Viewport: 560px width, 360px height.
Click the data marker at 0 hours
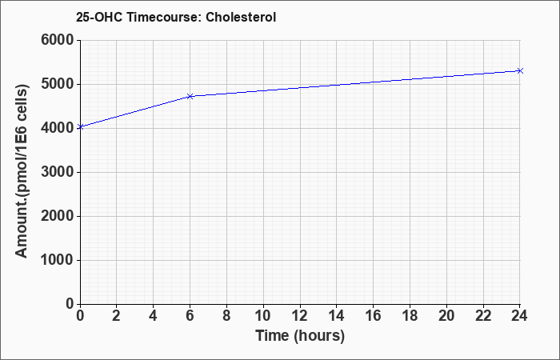80,126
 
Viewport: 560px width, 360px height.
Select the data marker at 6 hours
190,97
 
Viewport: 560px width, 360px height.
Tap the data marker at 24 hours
520,70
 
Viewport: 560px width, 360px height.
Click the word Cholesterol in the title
241,17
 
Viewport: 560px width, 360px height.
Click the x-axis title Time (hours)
300,336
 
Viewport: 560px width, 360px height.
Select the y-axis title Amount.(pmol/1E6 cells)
22,171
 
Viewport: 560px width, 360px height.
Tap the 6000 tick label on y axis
58,40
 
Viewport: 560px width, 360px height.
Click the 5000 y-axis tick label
58,84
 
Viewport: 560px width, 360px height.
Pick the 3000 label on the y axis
58,172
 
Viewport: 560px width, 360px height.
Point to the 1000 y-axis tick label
58,260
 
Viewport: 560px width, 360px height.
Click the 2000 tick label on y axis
58,216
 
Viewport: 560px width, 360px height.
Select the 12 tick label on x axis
300,316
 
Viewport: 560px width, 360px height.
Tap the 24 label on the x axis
519,316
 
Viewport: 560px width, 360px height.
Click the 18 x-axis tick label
410,316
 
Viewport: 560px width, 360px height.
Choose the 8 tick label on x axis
226,316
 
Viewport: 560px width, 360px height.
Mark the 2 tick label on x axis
117,316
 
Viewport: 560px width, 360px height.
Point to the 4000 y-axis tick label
58,128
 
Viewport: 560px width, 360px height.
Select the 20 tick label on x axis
446,316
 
